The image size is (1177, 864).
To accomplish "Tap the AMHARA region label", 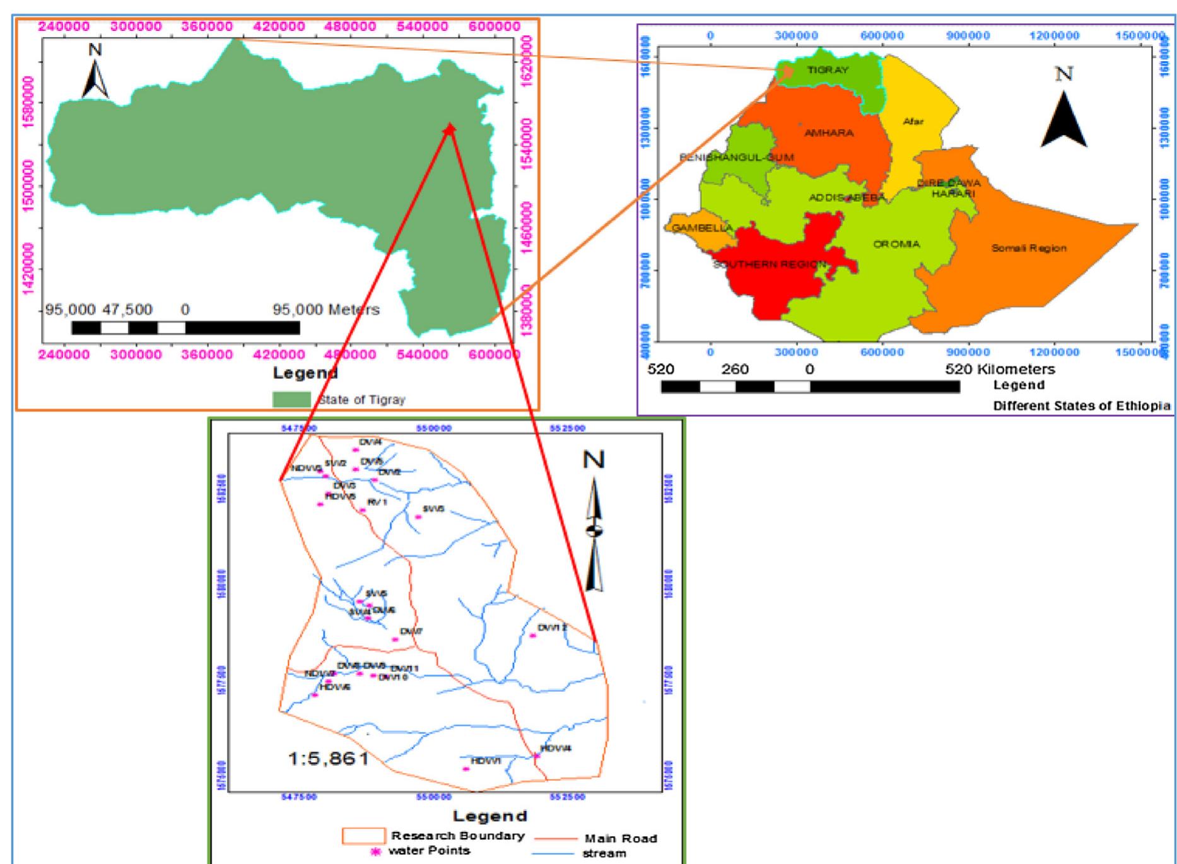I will [829, 133].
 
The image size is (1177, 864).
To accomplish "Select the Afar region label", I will [913, 122].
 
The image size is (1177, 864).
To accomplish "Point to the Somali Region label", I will [1028, 248].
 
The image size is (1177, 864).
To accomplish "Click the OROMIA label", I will [896, 244].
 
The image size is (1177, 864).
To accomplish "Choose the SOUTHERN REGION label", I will [770, 264].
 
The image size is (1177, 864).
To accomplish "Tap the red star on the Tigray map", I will [449, 129].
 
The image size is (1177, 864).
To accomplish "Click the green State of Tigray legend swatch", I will [291, 399].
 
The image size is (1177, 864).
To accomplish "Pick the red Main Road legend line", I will [558, 839].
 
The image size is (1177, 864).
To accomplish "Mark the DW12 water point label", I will [552, 628].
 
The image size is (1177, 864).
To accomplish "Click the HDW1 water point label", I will [486, 761].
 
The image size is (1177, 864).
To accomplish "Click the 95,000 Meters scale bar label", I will [325, 310].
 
